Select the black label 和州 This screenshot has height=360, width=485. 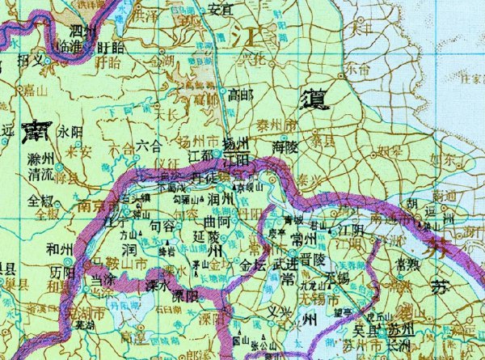pyautogui.click(x=39, y=250)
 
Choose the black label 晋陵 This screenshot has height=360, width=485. pyautogui.click(x=311, y=260)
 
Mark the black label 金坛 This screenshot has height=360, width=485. pyautogui.click(x=253, y=264)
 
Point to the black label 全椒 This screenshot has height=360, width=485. pyautogui.click(x=42, y=199)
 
